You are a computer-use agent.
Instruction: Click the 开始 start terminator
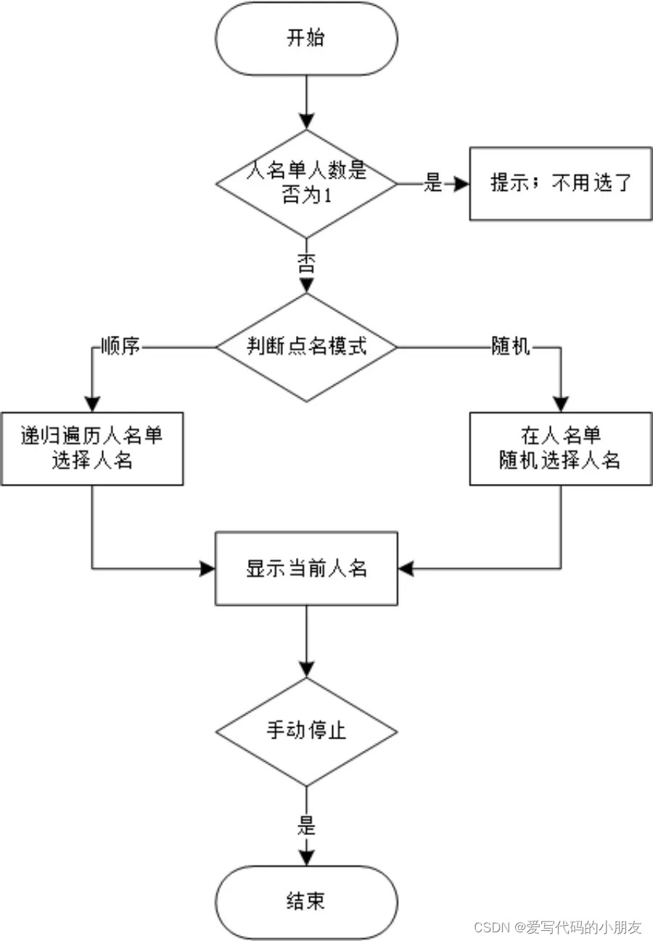(x=306, y=38)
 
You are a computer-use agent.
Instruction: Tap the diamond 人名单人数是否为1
(x=306, y=184)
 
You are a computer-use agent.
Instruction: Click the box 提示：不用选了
(x=561, y=184)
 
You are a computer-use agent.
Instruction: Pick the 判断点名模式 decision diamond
(x=306, y=347)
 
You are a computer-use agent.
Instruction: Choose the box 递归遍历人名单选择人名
(x=92, y=448)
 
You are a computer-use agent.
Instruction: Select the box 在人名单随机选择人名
(x=560, y=448)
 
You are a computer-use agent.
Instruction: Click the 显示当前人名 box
(x=306, y=568)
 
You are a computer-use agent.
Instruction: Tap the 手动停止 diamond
(x=306, y=731)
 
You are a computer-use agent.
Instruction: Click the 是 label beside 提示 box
(x=433, y=184)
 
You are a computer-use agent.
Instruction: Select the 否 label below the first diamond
(x=306, y=264)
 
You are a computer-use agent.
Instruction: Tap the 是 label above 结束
(x=306, y=825)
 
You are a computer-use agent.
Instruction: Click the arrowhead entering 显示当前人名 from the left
(x=208, y=568)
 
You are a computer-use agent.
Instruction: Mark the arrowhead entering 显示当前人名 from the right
(x=405, y=568)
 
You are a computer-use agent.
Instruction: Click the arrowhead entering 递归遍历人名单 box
(x=92, y=405)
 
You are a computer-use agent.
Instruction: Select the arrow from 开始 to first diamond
(x=306, y=102)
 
